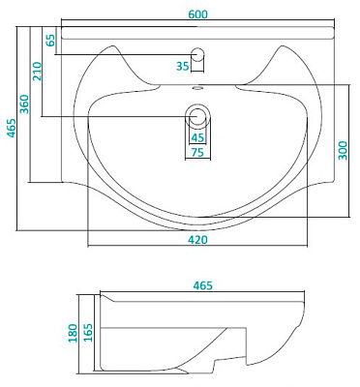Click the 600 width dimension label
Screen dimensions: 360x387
point(198,15)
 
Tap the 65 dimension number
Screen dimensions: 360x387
point(50,41)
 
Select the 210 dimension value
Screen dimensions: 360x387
point(37,72)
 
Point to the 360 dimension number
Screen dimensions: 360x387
point(24,104)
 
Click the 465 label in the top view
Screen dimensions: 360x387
point(12,128)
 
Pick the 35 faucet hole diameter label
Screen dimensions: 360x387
point(183,66)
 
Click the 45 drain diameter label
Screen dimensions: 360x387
point(197,137)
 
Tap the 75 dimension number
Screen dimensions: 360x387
point(197,152)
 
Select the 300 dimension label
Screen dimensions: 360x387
point(344,150)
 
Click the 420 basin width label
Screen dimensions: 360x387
point(197,240)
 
